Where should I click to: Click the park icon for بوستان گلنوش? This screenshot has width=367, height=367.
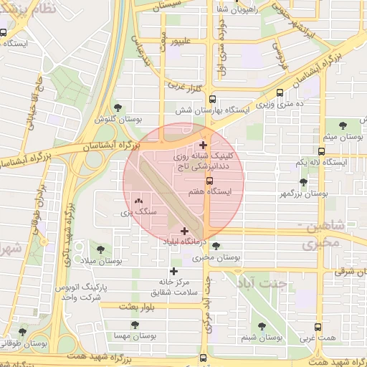pyautogui.click(x=118, y=107)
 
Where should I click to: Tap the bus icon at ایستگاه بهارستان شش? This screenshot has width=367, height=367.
pyautogui.click(x=211, y=100)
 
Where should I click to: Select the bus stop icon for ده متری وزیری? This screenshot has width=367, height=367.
pyautogui.click(x=280, y=92)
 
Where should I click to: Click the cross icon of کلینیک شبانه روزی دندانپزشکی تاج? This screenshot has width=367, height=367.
pyautogui.click(x=204, y=146)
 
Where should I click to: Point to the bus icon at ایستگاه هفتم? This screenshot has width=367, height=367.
pyautogui.click(x=209, y=181)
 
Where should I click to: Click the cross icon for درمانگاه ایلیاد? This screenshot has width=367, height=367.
pyautogui.click(x=186, y=231)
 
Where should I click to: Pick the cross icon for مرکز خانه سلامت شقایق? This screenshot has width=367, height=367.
pyautogui.click(x=173, y=271)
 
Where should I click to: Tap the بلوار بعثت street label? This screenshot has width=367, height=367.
pyautogui.click(x=118, y=306)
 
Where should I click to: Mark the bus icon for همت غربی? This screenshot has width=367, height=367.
pyautogui.click(x=312, y=323)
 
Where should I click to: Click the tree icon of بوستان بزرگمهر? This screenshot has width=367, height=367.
pyautogui.click(x=303, y=182)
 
